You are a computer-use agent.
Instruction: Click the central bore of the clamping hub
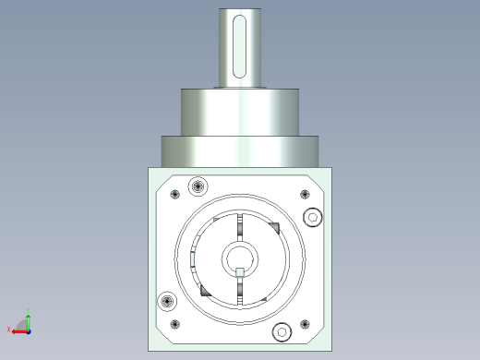coord(239,258)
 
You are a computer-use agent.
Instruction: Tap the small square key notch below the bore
coord(239,271)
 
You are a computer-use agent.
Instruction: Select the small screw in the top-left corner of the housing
coord(174,194)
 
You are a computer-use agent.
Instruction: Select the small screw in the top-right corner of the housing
coord(305,194)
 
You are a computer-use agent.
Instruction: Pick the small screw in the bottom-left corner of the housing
coord(174,324)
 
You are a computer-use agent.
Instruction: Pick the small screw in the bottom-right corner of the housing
coord(305,324)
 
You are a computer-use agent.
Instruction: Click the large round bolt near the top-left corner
coord(196,188)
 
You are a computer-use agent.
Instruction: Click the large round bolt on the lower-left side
coord(167,301)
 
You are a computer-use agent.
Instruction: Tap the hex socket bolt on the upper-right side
coord(312,218)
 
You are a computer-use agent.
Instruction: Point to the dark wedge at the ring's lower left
coord(205,290)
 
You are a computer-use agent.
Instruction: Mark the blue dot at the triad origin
coord(29,330)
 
